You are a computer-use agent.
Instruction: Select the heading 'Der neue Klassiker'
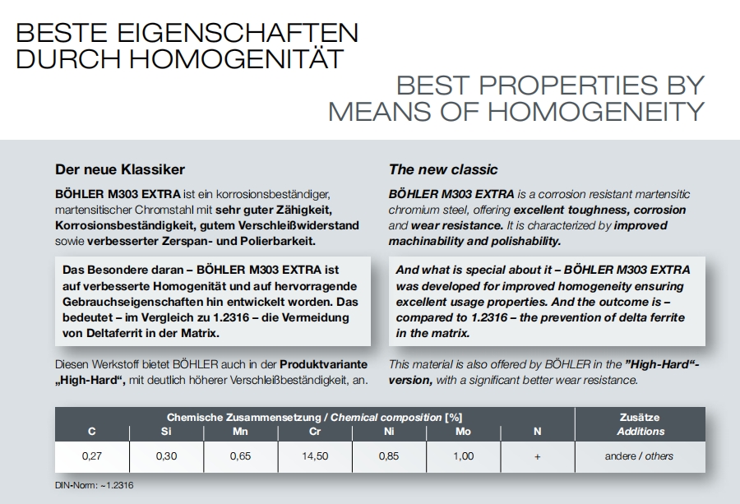pyautogui.click(x=120, y=169)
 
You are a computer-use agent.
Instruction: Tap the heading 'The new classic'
pyautogui.click(x=443, y=169)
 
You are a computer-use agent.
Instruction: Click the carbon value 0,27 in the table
pyautogui.click(x=92, y=456)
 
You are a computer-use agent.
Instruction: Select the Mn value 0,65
pyautogui.click(x=241, y=456)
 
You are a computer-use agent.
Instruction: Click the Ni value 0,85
pyautogui.click(x=389, y=456)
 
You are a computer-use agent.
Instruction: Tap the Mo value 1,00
pyautogui.click(x=463, y=456)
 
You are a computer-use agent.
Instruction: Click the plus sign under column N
pyautogui.click(x=537, y=456)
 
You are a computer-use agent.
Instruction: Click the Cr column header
pyautogui.click(x=315, y=431)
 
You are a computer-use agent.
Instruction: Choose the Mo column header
pyautogui.click(x=463, y=431)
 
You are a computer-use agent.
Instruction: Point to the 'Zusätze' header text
pyautogui.click(x=640, y=418)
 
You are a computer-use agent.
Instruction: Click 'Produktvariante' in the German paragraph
pyautogui.click(x=324, y=364)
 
